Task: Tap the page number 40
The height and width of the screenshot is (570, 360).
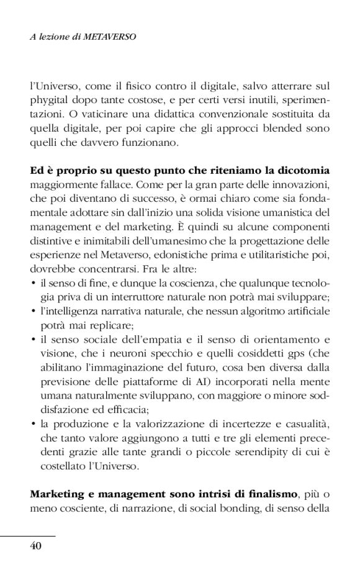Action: [x=35, y=546]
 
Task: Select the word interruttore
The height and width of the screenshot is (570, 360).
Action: [x=150, y=297]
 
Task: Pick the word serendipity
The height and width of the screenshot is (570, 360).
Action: [x=250, y=452]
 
